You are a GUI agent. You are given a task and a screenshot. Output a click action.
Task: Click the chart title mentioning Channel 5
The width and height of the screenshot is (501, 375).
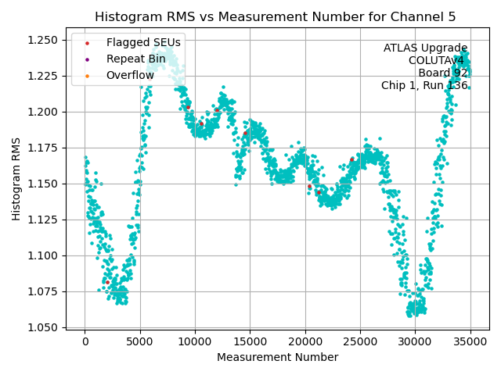[275, 16]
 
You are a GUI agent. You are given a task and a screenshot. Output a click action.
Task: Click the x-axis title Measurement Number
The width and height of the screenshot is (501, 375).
[277, 357]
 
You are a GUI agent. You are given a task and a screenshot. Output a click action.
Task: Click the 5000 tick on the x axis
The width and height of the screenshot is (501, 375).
[140, 341]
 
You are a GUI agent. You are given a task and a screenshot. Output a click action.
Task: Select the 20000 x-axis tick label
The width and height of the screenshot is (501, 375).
[305, 341]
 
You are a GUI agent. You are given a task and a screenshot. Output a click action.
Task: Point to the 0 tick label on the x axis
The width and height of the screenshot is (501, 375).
[85, 341]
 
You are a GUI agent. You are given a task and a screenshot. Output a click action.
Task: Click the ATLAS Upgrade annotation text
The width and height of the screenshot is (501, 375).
[425, 48]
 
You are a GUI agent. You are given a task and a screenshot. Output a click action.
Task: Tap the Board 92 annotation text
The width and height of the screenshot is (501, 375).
[442, 73]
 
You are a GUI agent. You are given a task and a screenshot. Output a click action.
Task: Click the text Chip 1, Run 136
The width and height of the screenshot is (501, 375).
[424, 86]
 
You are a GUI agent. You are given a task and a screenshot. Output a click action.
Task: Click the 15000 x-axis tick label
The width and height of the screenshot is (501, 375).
[250, 341]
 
